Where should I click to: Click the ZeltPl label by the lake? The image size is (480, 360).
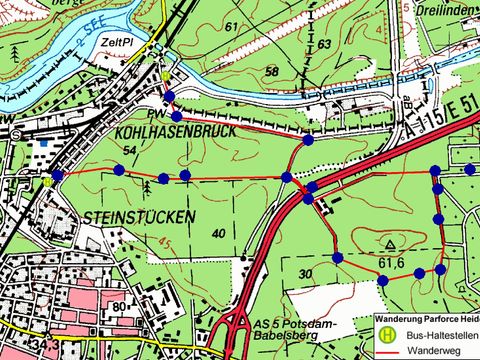click(x=118, y=44)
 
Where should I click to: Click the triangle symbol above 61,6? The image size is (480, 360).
click(x=388, y=243)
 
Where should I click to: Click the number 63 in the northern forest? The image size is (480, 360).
click(x=324, y=44)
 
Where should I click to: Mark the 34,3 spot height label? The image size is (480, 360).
click(x=41, y=345)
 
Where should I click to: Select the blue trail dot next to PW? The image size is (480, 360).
click(x=176, y=116)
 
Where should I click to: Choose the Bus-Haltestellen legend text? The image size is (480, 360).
click(x=437, y=337)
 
